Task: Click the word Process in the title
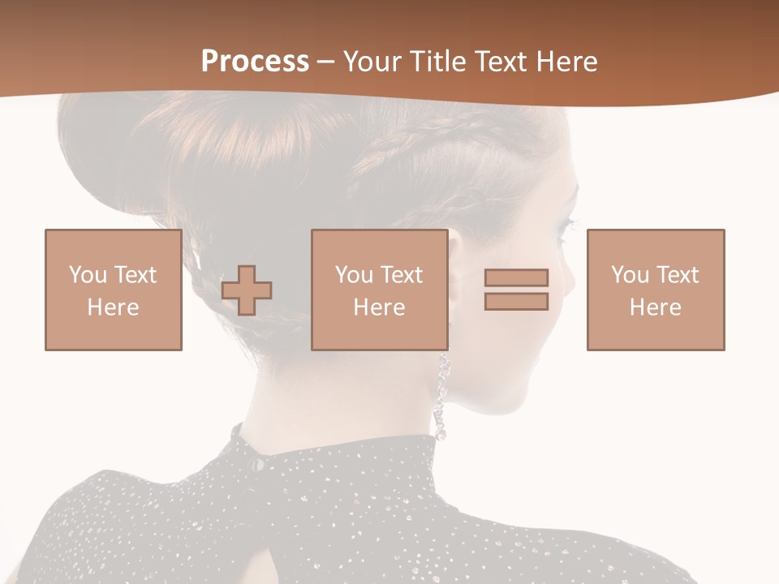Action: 255,62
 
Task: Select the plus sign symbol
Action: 247,290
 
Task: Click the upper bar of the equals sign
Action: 516,277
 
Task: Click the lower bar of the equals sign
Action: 516,301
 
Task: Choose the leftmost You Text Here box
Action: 114,290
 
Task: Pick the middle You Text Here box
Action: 380,290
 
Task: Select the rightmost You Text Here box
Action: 656,290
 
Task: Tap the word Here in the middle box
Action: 380,307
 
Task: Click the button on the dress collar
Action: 257,465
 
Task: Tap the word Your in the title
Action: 374,62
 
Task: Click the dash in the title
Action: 325,62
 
